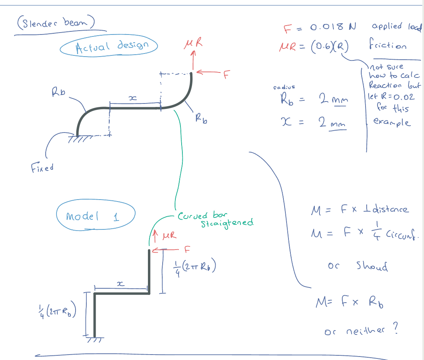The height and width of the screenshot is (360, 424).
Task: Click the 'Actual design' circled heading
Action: [109, 47]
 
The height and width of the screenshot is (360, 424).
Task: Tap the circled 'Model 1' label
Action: [96, 215]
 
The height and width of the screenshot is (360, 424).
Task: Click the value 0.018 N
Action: [333, 27]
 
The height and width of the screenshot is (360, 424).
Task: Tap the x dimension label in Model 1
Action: [120, 284]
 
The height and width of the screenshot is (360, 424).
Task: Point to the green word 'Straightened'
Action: [227, 223]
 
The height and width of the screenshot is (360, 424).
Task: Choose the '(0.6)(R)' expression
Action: [331, 46]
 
